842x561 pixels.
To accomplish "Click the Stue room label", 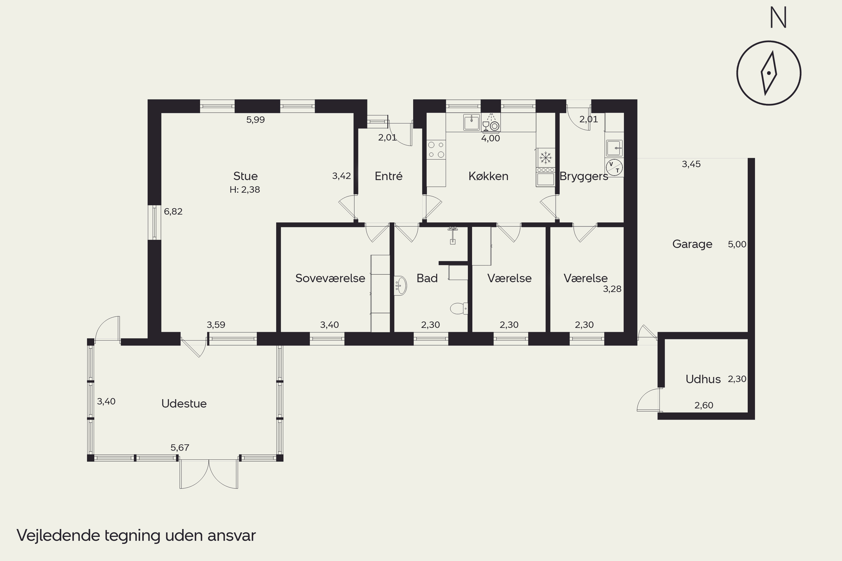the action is (245, 176).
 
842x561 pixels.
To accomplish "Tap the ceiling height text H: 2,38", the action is (245, 190).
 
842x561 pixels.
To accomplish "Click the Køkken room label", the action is (488, 176).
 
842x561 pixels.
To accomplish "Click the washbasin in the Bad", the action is (400, 286).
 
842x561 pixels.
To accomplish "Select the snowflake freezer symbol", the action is (546, 157).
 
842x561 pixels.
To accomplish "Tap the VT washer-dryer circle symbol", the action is (614, 167).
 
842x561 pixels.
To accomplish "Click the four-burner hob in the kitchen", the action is (436, 150).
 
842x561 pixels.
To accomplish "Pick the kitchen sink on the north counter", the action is (472, 122).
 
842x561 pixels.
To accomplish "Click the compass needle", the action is (769, 73).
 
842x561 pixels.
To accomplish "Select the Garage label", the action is (692, 244).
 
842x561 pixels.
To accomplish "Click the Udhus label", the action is (703, 379).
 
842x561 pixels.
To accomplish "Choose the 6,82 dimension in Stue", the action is (173, 211).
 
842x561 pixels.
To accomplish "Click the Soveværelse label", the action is (330, 278).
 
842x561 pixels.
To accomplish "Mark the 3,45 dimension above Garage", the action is (691, 164).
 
